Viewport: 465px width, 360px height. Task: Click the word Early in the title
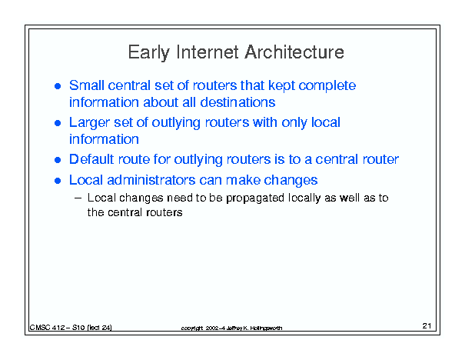148,53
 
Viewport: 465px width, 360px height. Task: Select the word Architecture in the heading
294,52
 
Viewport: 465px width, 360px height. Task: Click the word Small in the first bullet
87,85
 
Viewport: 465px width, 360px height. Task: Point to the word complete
327,86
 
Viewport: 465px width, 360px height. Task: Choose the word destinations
237,102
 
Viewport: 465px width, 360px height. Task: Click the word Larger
89,123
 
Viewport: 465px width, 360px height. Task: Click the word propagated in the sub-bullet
255,198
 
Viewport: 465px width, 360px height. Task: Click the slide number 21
427,326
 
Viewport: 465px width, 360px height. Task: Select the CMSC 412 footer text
71,328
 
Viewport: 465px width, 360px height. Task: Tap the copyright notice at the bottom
231,328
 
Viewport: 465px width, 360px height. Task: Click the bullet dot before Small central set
58,86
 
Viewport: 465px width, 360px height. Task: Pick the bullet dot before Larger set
58,123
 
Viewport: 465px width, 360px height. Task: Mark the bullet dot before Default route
58,160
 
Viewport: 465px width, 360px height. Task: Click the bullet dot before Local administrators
58,181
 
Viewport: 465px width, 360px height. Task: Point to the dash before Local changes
78,198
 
